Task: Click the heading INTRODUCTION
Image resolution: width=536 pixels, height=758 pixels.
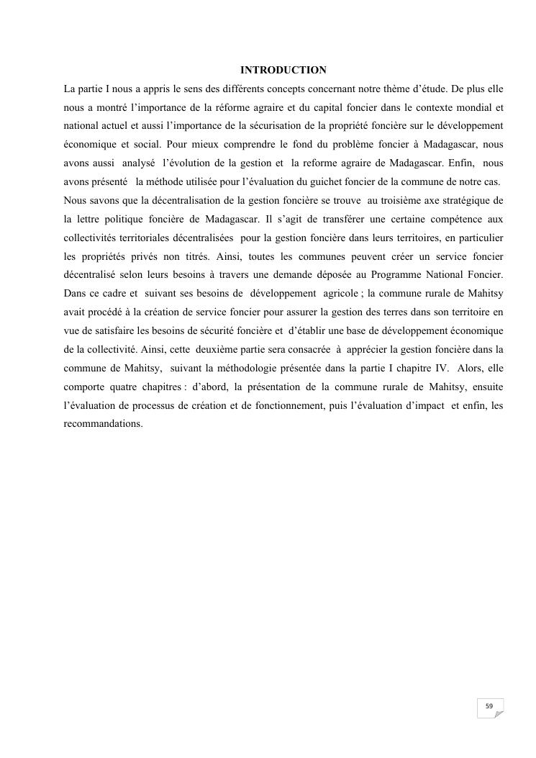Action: pos(283,71)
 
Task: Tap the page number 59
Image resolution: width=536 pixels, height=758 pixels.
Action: pos(489,706)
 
